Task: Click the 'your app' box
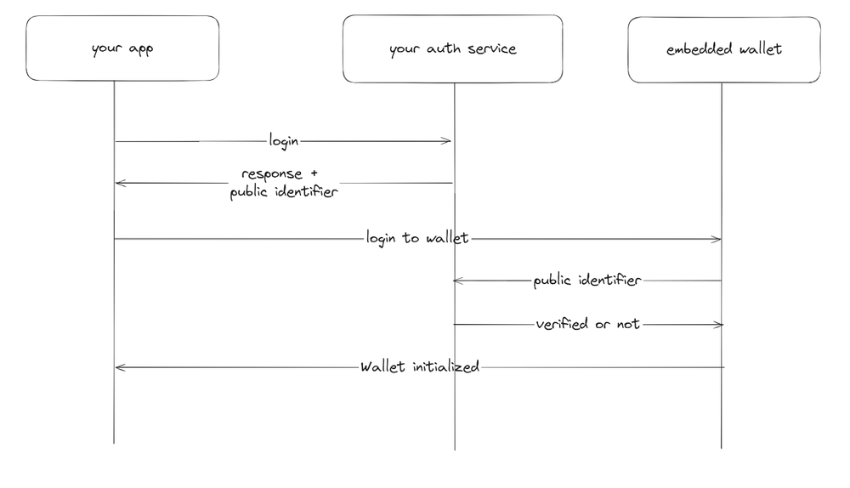pos(122,48)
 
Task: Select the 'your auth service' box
pos(452,48)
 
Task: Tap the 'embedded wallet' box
pos(724,49)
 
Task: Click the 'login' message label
pos(284,140)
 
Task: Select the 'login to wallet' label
pos(416,238)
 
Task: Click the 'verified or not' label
pos(587,324)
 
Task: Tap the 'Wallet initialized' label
pos(420,367)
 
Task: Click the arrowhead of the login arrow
pos(448,141)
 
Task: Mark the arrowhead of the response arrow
pos(118,183)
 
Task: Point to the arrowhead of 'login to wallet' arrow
pos(718,239)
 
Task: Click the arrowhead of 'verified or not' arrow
pos(720,325)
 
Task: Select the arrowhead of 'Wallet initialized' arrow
pos(118,367)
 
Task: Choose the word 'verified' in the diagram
pos(563,324)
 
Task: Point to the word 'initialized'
pos(445,367)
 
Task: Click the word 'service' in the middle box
pos(494,49)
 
